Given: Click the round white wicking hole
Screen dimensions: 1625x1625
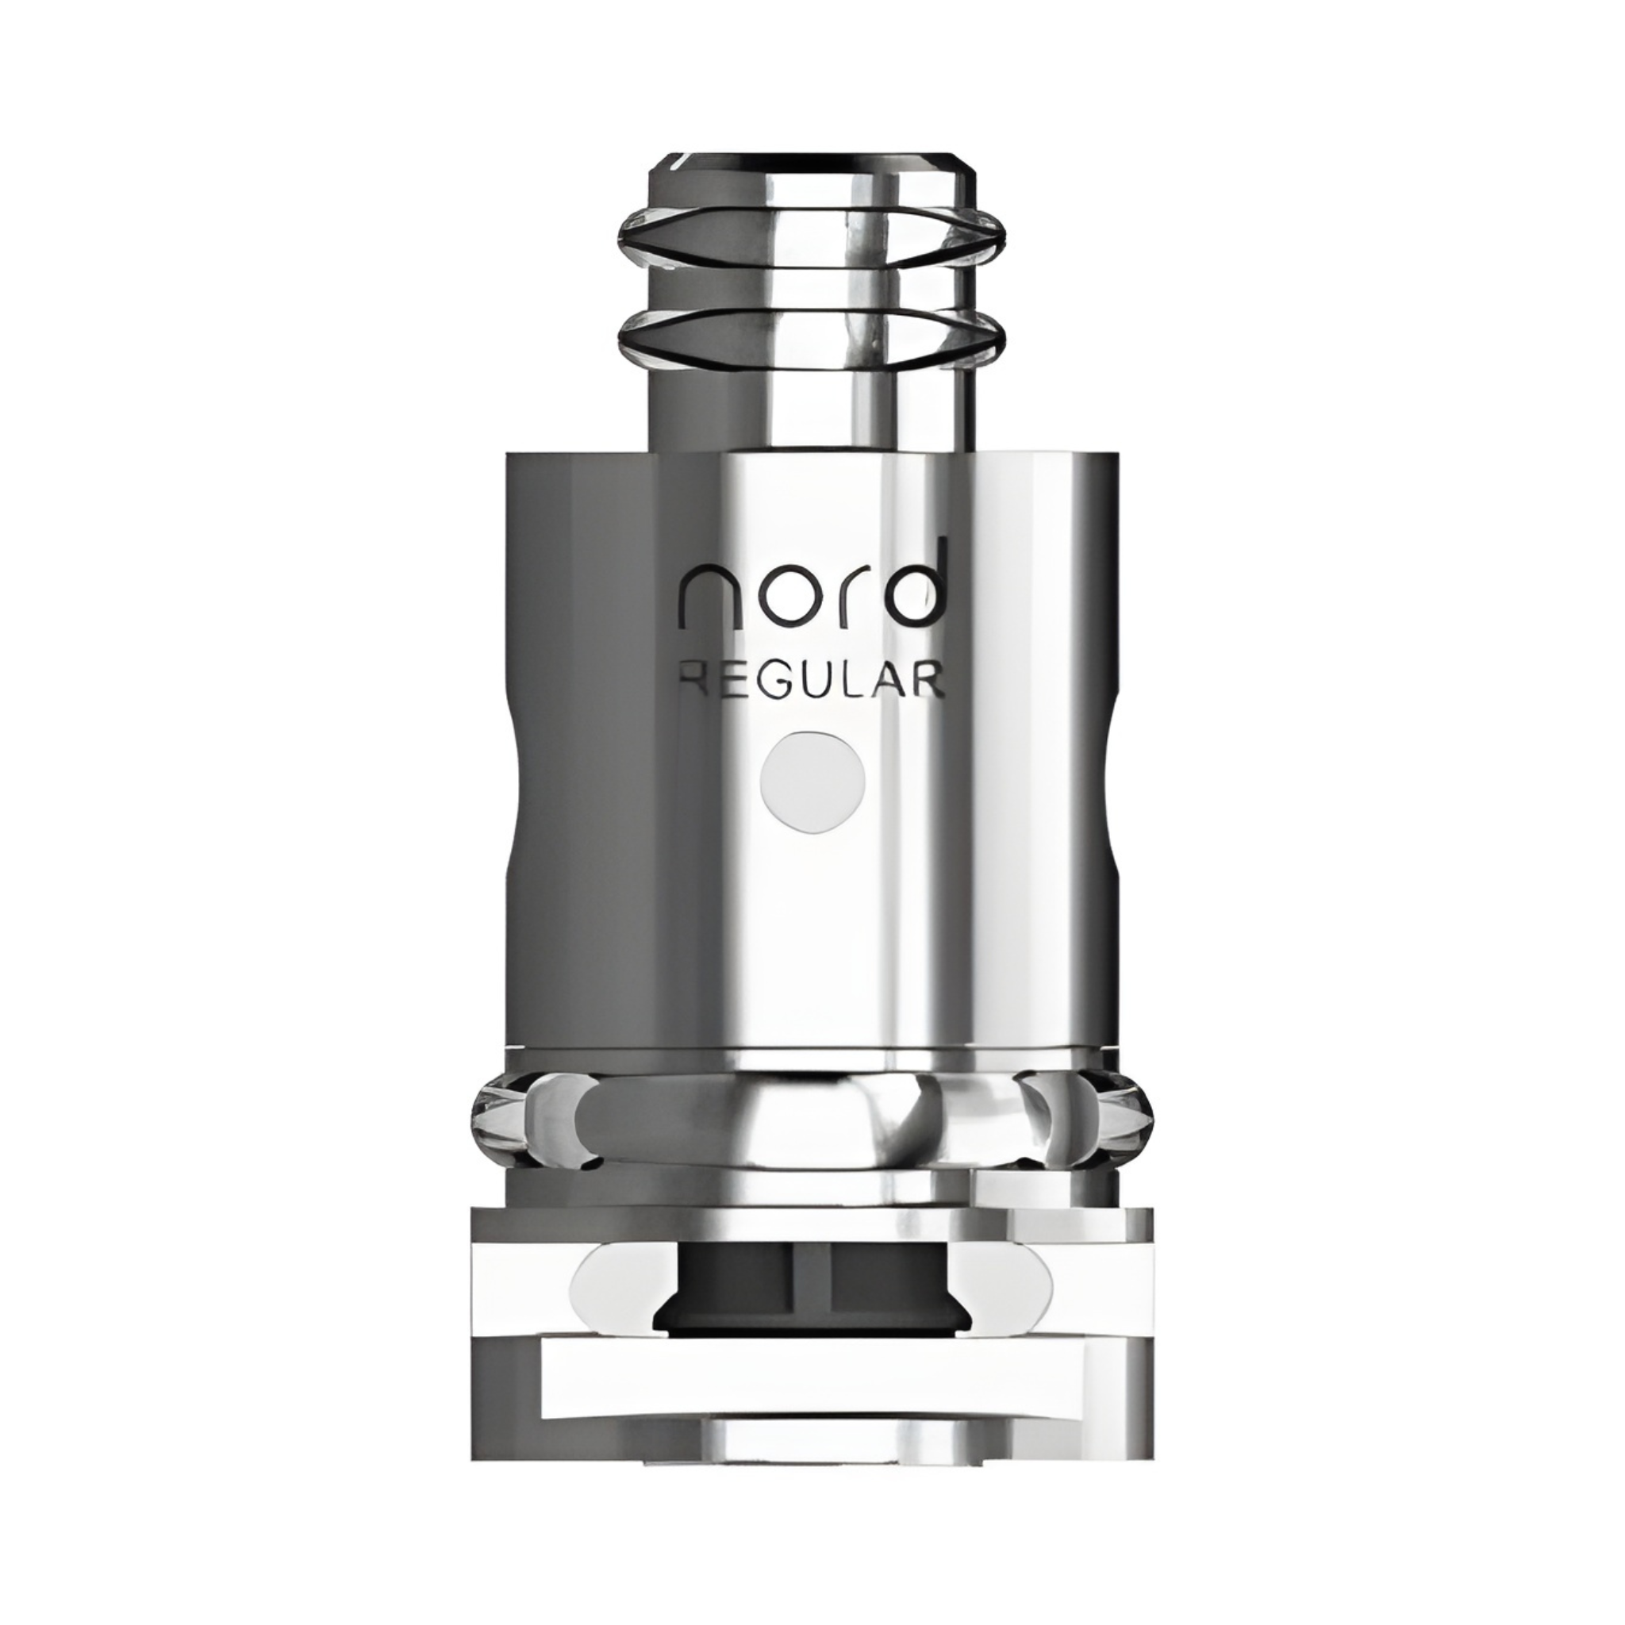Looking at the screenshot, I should point(812,771).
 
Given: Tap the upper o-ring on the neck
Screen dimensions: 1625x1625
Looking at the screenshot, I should point(812,232).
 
